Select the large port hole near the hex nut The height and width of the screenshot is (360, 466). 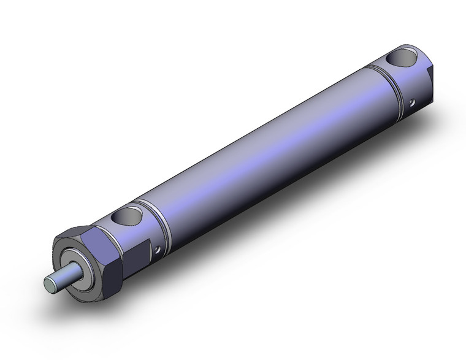[x=129, y=215]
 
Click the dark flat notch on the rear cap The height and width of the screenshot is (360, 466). [x=430, y=80]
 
